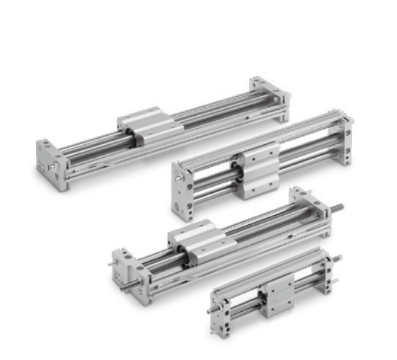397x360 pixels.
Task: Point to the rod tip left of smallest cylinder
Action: (210, 310)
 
